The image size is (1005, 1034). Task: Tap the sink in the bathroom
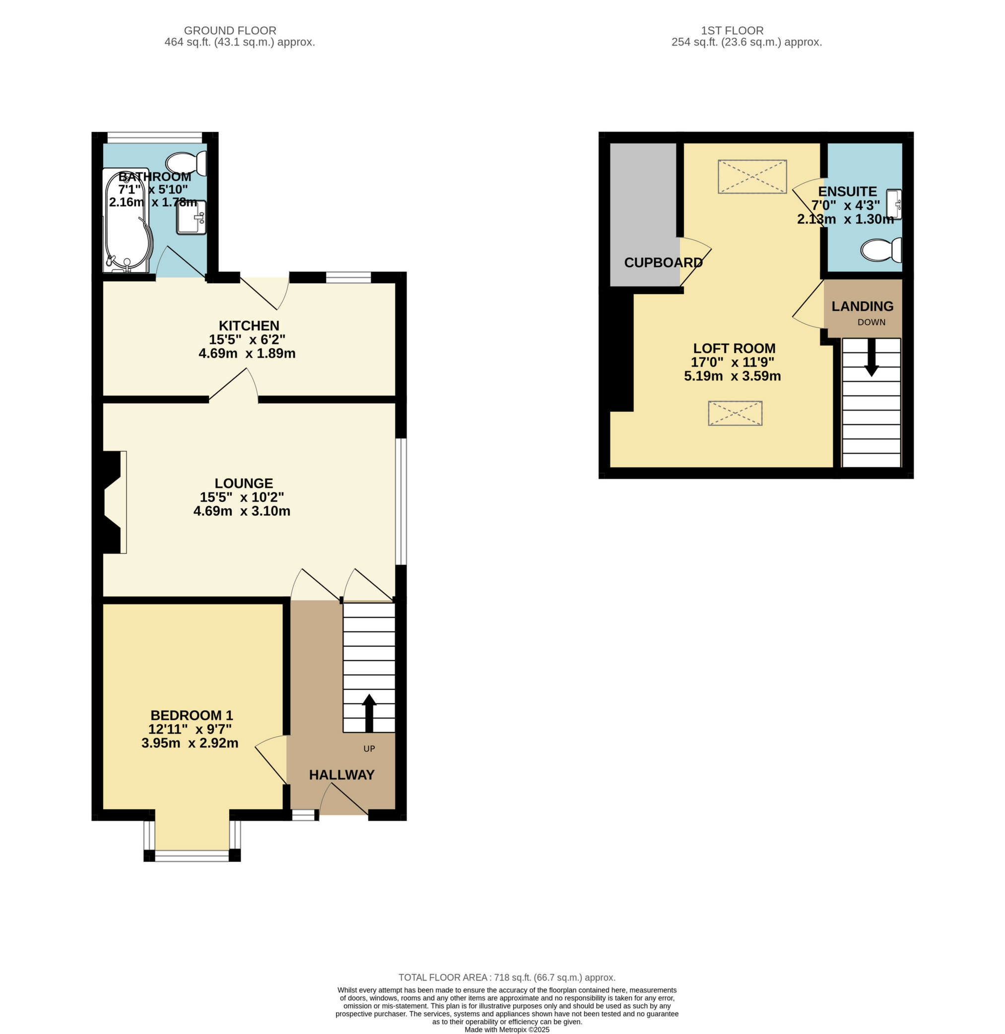coord(191,217)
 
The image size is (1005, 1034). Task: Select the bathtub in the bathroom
coord(127,221)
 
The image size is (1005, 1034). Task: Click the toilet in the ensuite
coord(881,250)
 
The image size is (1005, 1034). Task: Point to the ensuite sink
coord(894,204)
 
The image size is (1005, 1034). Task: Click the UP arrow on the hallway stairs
coord(369,713)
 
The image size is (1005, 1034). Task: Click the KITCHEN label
coord(249,325)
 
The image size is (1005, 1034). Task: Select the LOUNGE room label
coord(244,483)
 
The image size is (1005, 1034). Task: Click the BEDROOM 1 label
coord(192,715)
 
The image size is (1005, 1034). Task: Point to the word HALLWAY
coord(341,775)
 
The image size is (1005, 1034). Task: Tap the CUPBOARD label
coord(664,262)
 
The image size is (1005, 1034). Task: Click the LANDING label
coord(863,306)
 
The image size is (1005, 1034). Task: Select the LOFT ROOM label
coord(734,348)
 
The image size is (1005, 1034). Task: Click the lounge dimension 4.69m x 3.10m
coord(242,511)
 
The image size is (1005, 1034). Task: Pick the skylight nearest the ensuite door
coord(752,177)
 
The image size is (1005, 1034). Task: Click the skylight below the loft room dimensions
coord(736,414)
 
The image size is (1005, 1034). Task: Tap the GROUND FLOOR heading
coord(230,31)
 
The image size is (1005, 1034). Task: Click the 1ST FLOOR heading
coord(732,31)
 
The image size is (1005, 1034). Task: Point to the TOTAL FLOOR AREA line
coord(507,977)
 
